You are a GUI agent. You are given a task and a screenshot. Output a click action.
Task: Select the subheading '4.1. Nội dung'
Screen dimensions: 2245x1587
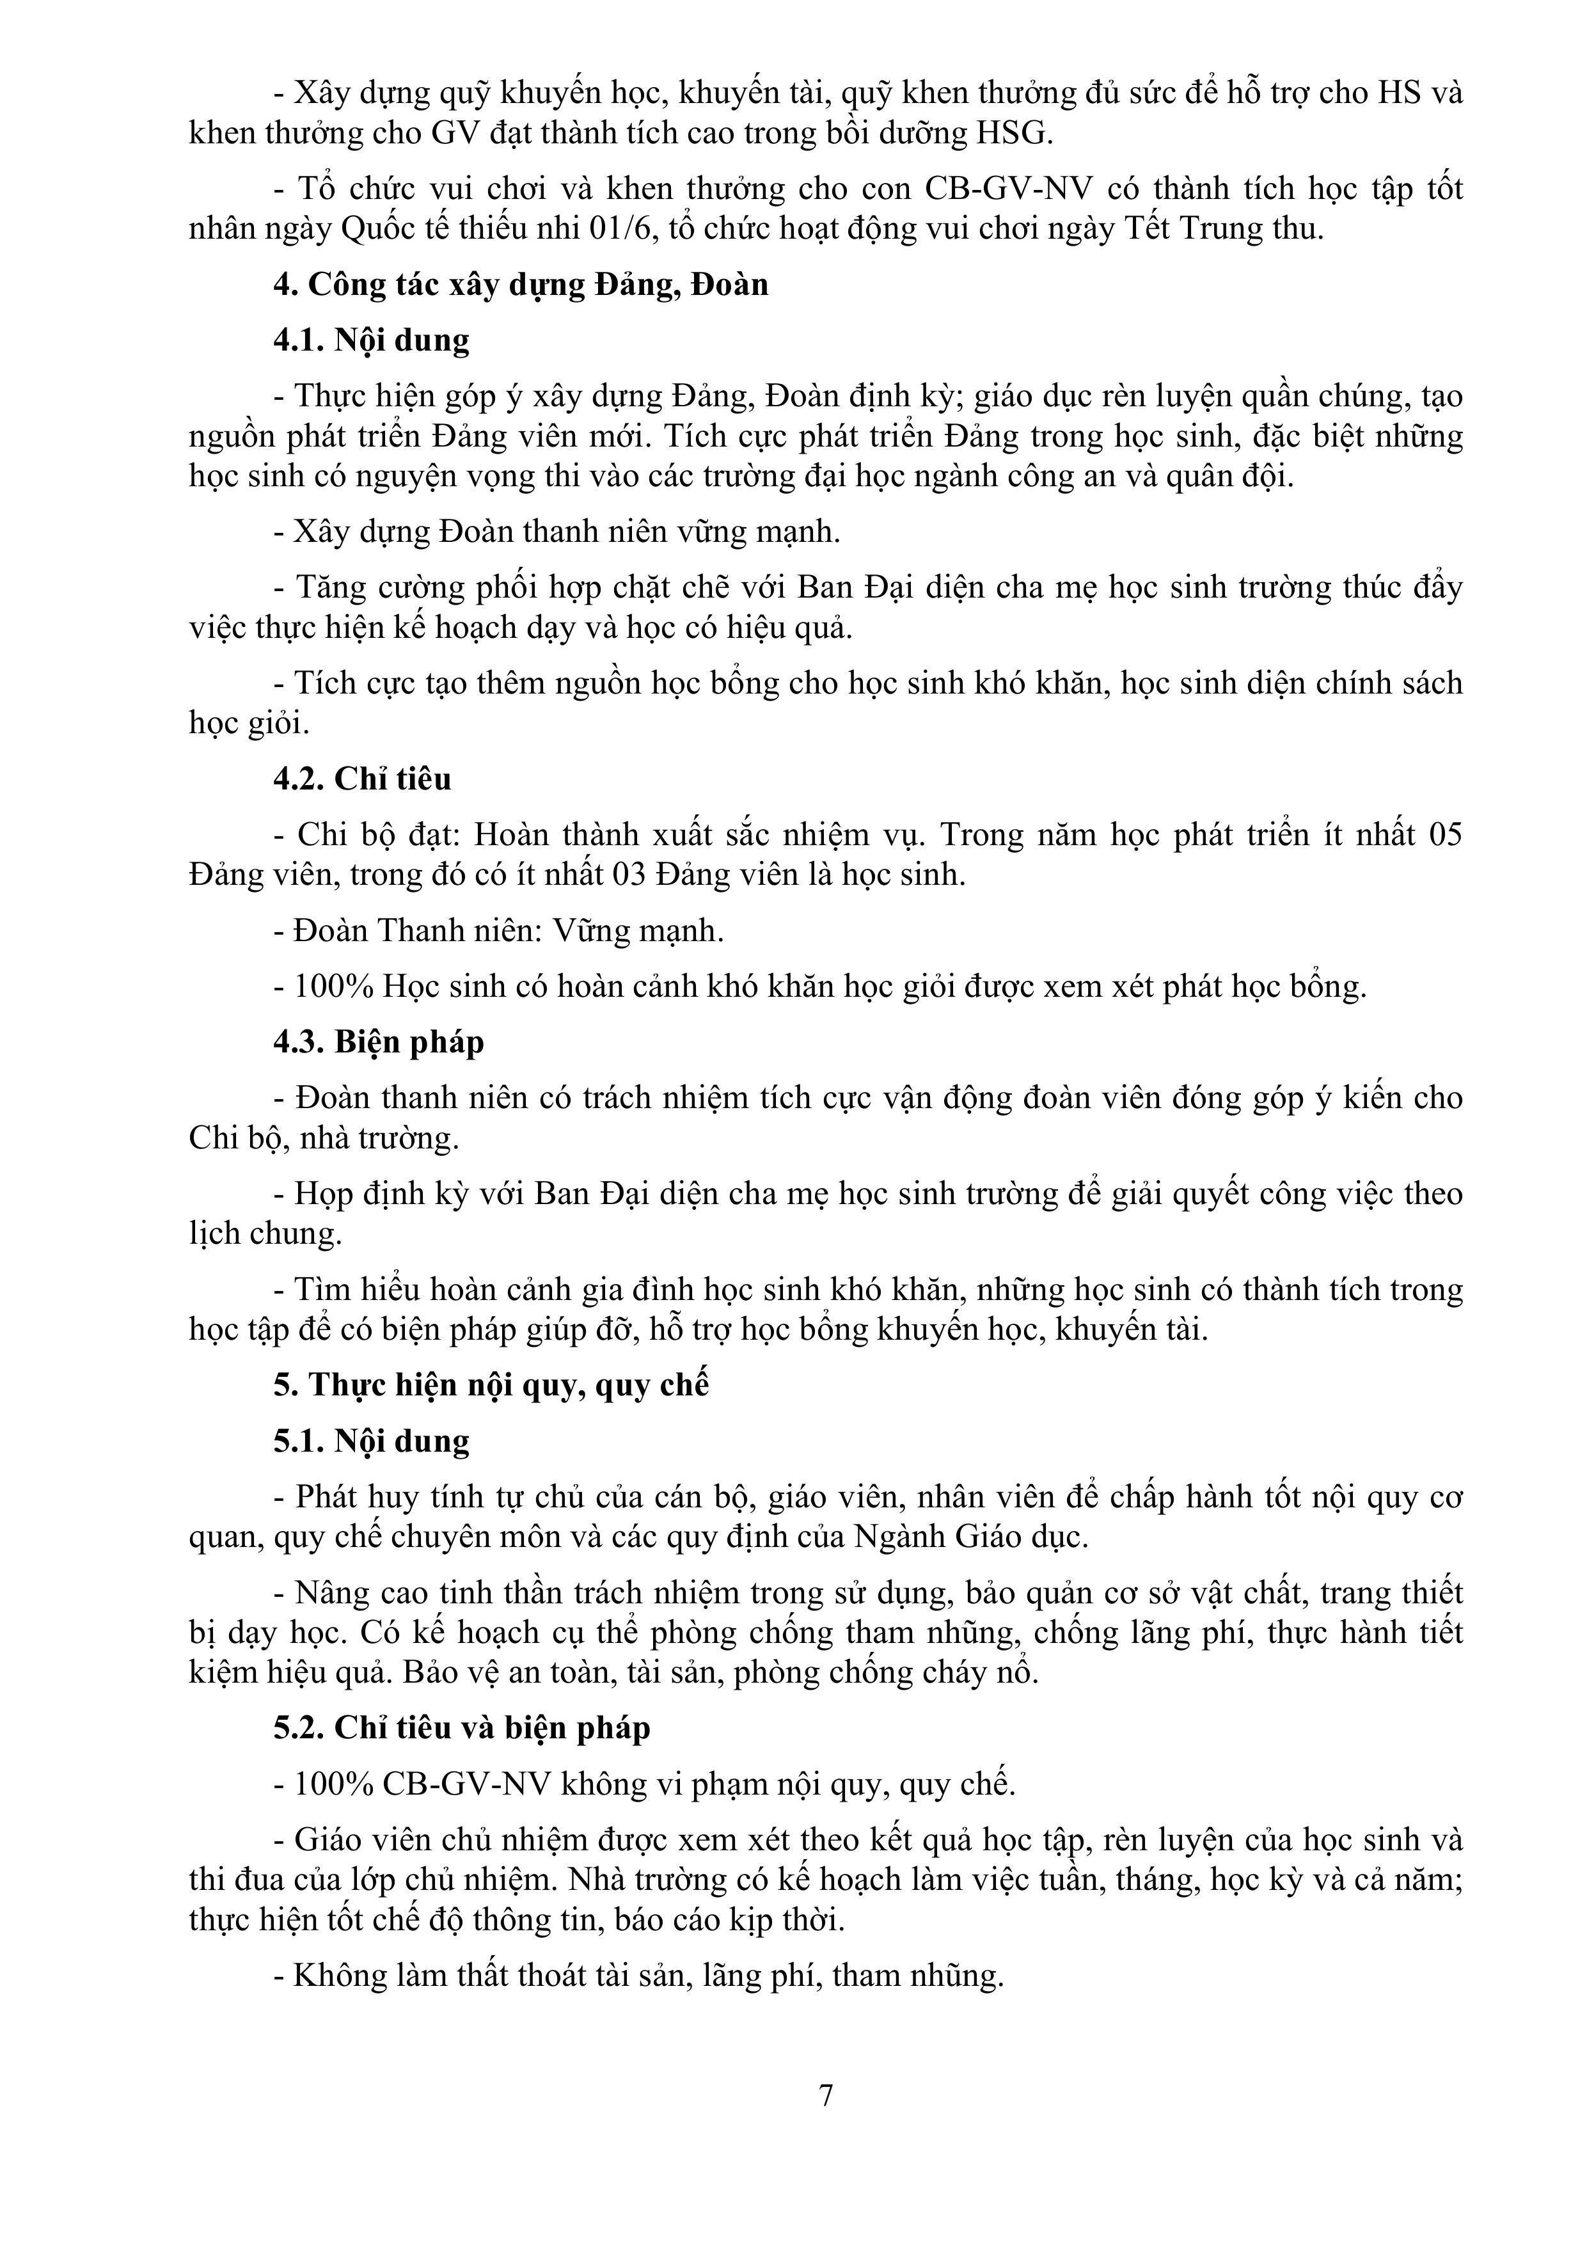click(x=372, y=340)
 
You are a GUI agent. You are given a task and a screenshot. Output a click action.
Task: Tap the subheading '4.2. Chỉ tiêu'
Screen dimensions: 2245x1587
click(x=362, y=779)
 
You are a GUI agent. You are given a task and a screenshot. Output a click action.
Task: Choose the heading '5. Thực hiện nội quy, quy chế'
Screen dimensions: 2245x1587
click(x=491, y=1384)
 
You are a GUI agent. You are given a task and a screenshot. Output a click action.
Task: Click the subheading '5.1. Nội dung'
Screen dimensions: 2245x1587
click(x=372, y=1441)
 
